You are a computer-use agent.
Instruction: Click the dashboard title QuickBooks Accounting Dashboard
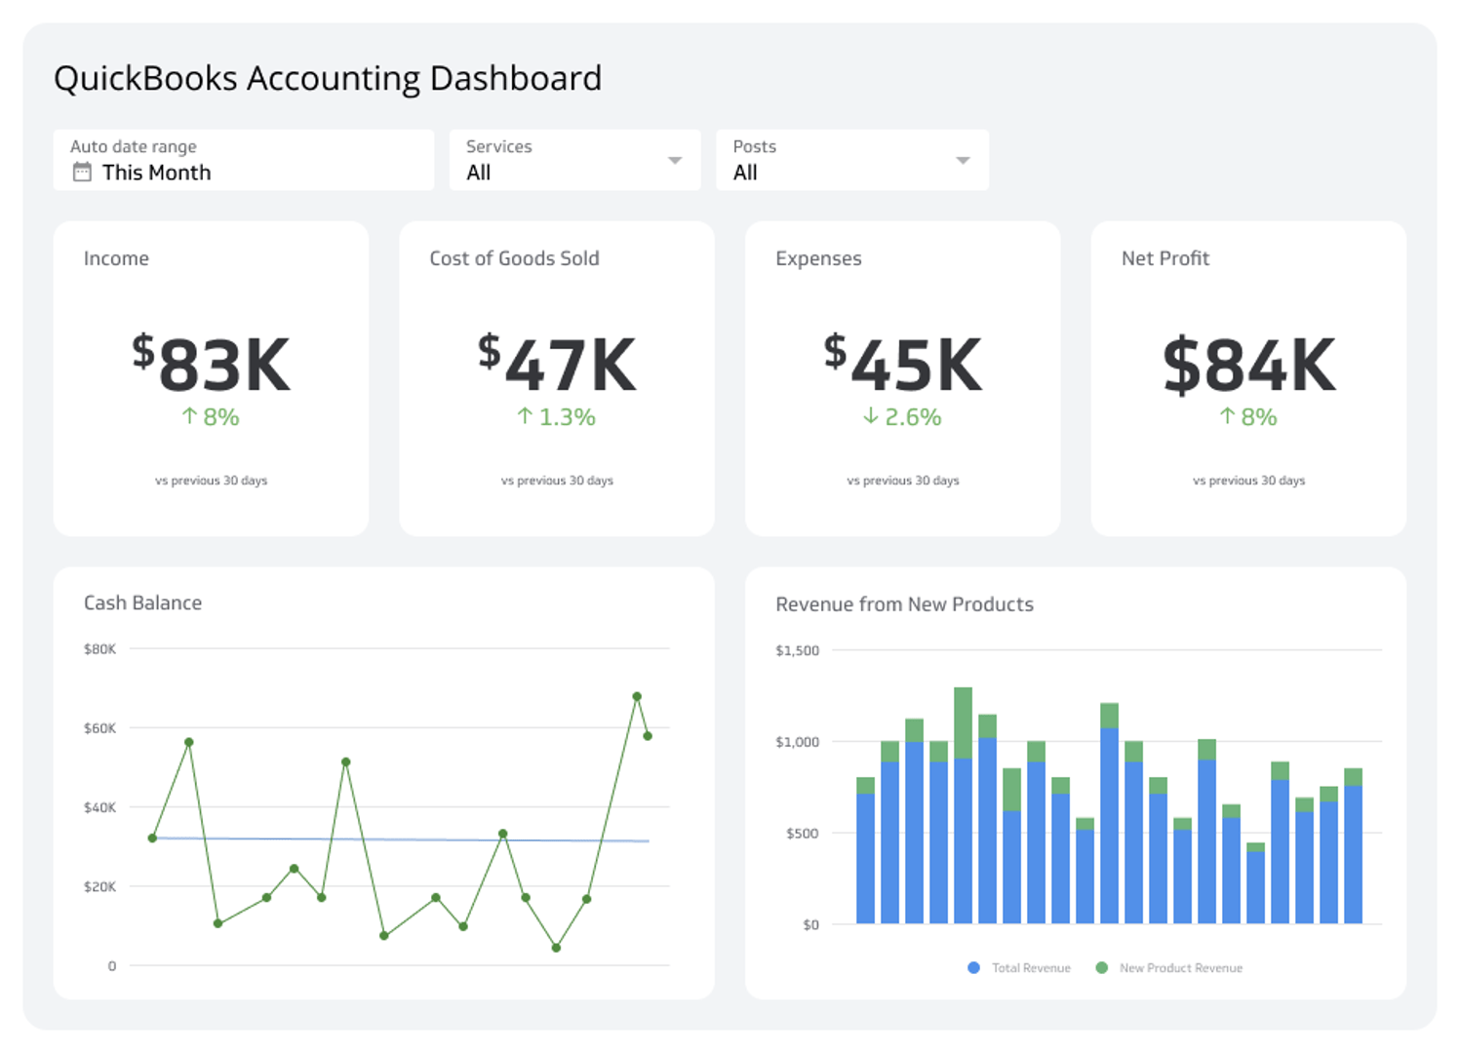(327, 78)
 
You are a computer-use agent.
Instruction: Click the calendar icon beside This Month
(82, 173)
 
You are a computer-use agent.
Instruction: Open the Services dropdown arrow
(674, 160)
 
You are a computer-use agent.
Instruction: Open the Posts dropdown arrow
(963, 160)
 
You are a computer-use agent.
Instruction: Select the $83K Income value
(212, 365)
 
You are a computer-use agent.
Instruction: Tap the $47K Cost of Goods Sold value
(557, 365)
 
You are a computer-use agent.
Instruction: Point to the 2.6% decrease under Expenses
(902, 417)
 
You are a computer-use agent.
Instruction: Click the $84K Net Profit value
(1248, 365)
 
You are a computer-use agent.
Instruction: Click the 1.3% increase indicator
(556, 417)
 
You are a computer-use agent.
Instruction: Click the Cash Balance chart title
(142, 603)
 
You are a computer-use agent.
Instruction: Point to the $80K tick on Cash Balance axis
(99, 649)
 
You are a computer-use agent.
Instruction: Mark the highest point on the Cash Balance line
(637, 696)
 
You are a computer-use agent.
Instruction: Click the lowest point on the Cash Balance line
(556, 948)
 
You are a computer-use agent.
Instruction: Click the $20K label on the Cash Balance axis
(99, 887)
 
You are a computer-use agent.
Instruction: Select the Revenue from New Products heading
(904, 604)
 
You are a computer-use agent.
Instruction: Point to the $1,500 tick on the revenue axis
(797, 650)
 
